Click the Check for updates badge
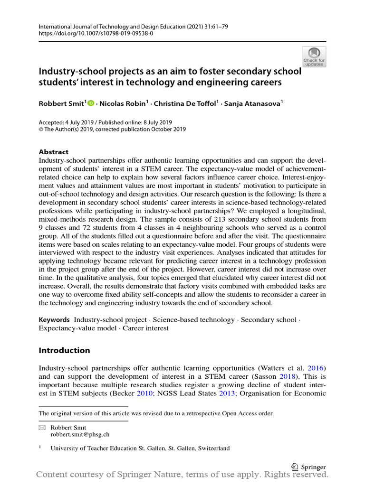pyautogui.click(x=314, y=57)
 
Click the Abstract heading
pyautogui.click(x=53, y=152)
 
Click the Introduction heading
pyautogui.click(x=64, y=350)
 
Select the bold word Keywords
pyautogui.click(x=54, y=320)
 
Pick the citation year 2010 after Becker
pyautogui.click(x=146, y=393)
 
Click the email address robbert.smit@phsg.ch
pyautogui.click(x=80, y=434)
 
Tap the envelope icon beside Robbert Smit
pyautogui.click(x=42, y=428)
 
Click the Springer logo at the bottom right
pyautogui.click(x=308, y=467)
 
